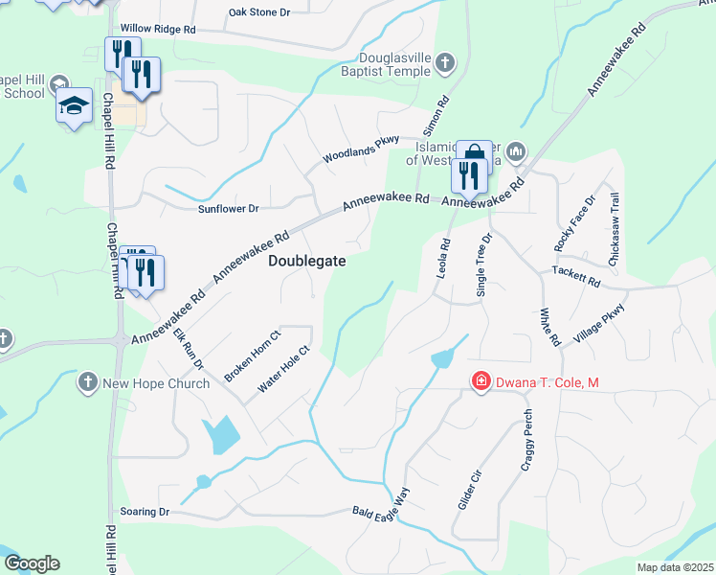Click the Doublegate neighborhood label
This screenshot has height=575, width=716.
click(x=306, y=261)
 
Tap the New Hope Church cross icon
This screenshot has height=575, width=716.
click(x=87, y=382)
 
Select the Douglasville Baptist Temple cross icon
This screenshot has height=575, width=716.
click(x=444, y=63)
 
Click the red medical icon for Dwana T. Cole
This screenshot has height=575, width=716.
click(x=480, y=382)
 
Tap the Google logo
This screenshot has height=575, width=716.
click(x=32, y=563)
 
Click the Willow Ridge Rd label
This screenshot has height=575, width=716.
click(x=157, y=30)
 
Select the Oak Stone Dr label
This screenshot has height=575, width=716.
click(x=258, y=12)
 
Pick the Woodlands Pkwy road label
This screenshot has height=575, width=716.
click(x=360, y=149)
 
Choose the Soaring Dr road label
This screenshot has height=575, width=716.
click(x=144, y=513)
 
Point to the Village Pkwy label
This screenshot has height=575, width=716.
click(x=599, y=324)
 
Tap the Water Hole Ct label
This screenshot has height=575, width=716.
click(x=284, y=369)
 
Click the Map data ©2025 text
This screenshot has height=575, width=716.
click(x=674, y=567)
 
